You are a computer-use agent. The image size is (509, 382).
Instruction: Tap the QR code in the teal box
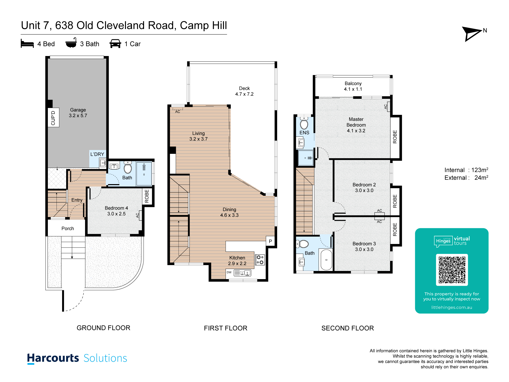click(452, 270)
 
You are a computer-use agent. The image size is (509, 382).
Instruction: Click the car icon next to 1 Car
click(115, 44)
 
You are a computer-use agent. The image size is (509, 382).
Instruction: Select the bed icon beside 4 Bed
click(27, 44)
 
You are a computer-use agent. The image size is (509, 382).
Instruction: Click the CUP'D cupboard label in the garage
click(53, 118)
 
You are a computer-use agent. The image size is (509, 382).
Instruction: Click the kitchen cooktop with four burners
click(260, 260)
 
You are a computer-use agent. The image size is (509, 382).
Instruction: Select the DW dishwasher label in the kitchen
click(229, 272)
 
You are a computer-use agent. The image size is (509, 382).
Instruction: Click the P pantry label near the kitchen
click(270, 241)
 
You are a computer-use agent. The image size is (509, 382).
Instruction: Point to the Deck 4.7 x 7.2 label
click(244, 91)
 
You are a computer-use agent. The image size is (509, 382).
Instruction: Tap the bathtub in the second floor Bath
click(326, 260)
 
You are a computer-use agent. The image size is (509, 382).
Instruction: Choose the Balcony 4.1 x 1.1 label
click(353, 86)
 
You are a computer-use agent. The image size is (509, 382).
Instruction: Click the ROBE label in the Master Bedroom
click(395, 137)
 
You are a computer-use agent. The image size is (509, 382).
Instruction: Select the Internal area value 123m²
click(479, 170)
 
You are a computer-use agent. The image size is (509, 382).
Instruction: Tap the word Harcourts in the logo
click(53, 358)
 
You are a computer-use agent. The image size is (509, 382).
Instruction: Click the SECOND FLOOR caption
click(348, 328)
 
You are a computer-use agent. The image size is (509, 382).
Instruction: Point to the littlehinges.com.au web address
click(452, 307)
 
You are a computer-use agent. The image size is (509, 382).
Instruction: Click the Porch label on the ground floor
click(68, 228)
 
